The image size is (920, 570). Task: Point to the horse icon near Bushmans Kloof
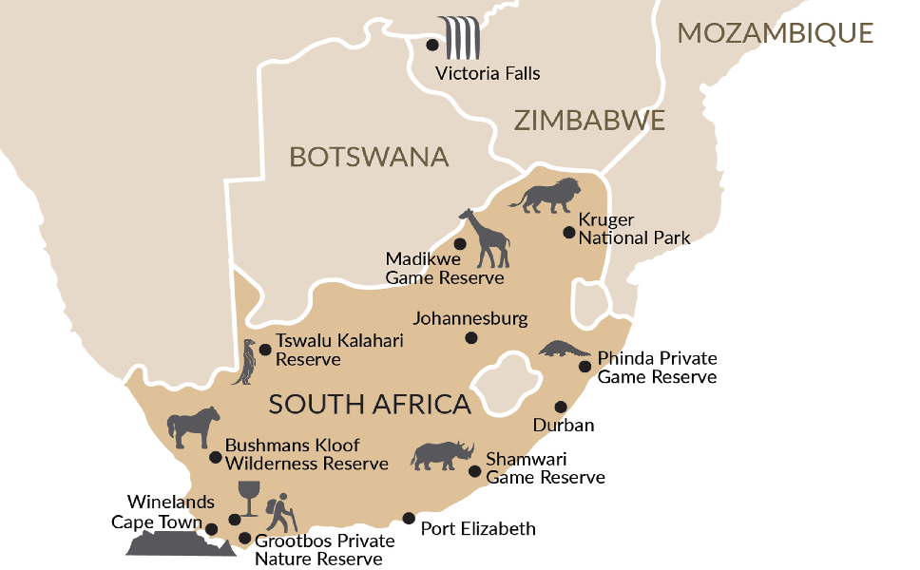pyautogui.click(x=194, y=427)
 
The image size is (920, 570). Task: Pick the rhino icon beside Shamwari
pyautogui.click(x=443, y=455)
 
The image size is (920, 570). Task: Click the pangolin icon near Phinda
pyautogui.click(x=565, y=350)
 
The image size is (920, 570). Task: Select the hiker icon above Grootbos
pyautogui.click(x=280, y=513)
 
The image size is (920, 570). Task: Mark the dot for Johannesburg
pyautogui.click(x=471, y=338)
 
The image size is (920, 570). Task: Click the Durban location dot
pyautogui.click(x=561, y=406)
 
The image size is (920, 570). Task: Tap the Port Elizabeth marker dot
pyautogui.click(x=409, y=519)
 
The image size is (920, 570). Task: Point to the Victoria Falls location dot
pyautogui.click(x=432, y=45)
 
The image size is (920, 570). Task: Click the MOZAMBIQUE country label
pyautogui.click(x=775, y=33)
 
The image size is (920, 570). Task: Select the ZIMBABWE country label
pyautogui.click(x=588, y=121)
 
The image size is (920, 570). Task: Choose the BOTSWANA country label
pyautogui.click(x=369, y=157)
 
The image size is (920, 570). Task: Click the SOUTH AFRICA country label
pyautogui.click(x=370, y=404)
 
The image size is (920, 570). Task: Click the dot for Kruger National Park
pyautogui.click(x=568, y=232)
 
